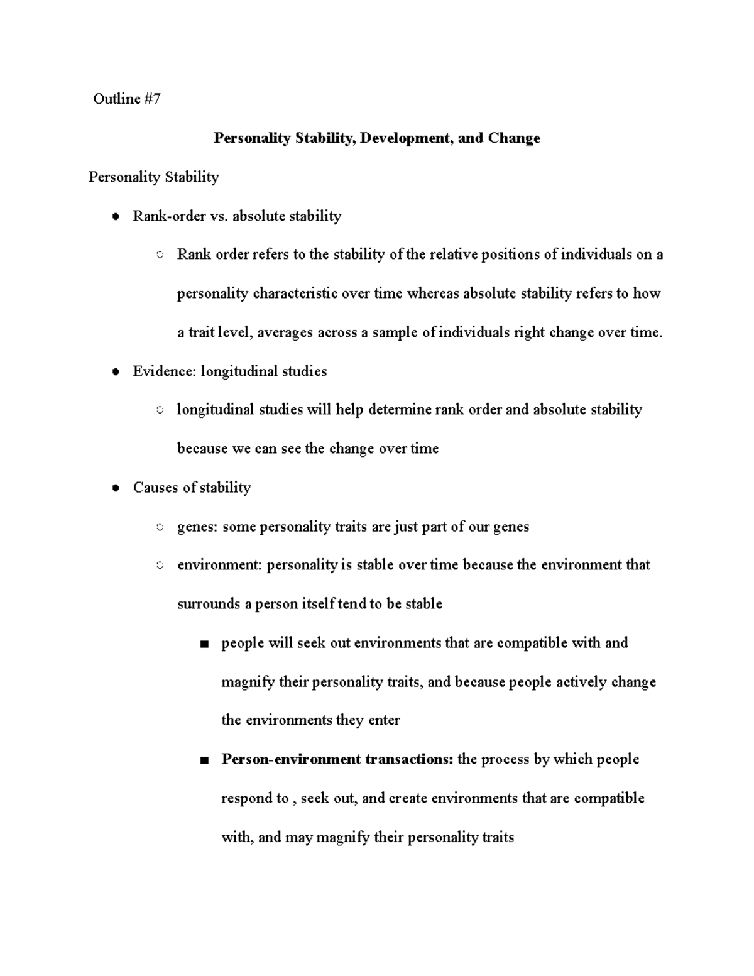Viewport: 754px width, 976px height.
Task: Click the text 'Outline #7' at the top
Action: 127,99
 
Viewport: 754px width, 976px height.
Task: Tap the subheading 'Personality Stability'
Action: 153,177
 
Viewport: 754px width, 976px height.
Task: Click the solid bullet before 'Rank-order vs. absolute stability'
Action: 115,217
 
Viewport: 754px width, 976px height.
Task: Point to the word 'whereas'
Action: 433,293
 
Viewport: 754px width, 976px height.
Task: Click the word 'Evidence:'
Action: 165,371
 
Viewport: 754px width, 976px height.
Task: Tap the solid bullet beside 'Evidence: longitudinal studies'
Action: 115,372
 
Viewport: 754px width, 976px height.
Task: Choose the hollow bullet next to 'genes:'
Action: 160,527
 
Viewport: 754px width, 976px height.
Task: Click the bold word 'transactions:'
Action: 409,759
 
